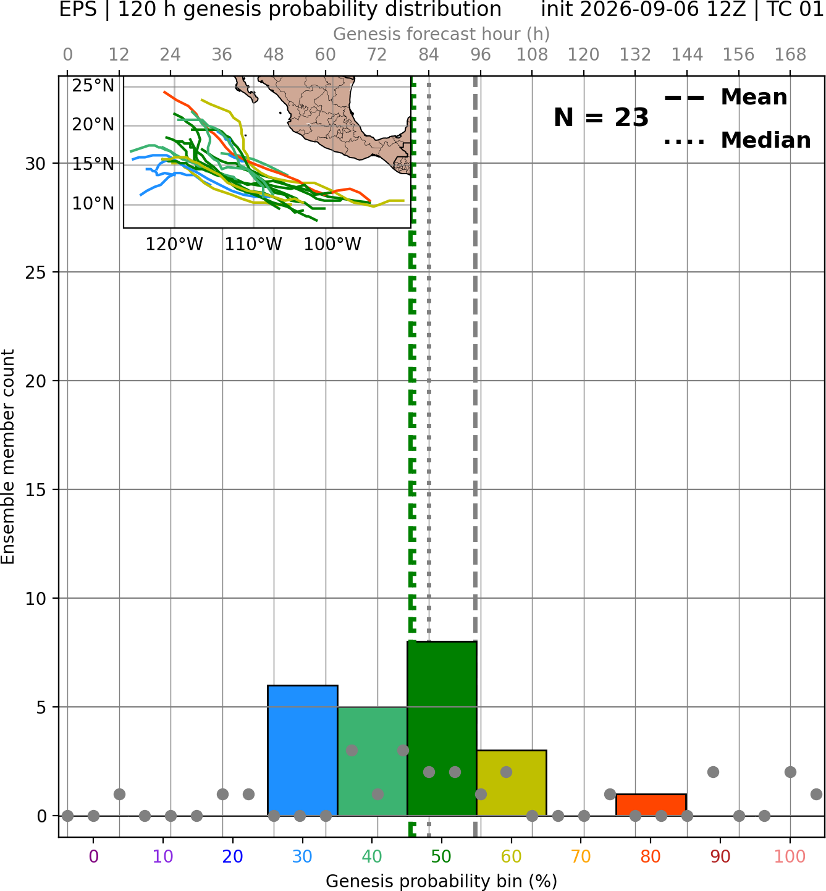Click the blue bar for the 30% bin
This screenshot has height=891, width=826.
point(302,750)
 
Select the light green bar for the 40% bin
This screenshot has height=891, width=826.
point(373,761)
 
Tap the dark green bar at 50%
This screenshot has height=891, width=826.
point(442,728)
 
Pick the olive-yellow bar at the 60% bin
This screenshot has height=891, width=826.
point(512,783)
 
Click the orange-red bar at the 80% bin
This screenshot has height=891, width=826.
point(651,805)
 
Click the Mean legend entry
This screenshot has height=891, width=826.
point(725,97)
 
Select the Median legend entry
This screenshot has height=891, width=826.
point(738,140)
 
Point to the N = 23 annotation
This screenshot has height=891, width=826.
point(601,117)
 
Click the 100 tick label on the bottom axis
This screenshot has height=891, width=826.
point(790,856)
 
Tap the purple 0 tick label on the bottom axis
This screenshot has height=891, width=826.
point(93,856)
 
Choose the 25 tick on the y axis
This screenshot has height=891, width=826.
point(35,272)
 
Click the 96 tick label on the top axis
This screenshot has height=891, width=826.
point(481,55)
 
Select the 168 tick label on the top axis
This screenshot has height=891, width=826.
point(790,55)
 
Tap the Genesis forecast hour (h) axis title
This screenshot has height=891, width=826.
point(442,34)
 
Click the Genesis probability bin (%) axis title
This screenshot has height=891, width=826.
point(442,881)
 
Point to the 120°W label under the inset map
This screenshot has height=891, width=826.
point(175,245)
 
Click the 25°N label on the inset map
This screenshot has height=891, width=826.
point(93,85)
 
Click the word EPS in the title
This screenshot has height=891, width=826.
point(78,9)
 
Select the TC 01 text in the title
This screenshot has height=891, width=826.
point(796,9)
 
